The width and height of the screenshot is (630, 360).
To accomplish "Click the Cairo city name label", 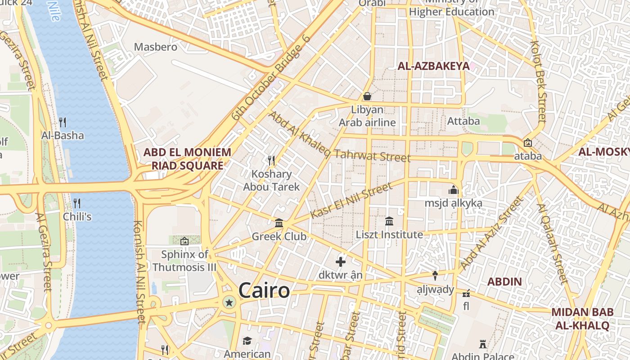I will (264, 290).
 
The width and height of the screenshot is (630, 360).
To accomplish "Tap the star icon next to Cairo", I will (229, 302).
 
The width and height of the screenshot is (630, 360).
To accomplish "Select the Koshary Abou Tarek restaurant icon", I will (271, 160).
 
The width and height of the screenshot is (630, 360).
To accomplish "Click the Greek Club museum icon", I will (279, 223).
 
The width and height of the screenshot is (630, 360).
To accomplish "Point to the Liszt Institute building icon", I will (389, 221).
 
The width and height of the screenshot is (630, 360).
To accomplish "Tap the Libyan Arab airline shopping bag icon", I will (367, 96).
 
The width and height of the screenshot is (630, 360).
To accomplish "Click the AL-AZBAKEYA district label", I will (433, 66).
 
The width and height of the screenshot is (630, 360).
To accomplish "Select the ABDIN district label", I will (505, 282).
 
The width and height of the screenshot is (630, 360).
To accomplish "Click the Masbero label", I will (156, 47).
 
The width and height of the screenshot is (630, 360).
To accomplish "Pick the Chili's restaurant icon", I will (77, 203).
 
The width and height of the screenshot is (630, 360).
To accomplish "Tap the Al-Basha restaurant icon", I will (63, 122).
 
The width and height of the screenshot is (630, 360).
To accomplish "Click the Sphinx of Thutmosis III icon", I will (184, 241).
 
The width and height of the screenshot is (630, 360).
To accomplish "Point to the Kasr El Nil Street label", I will (351, 201).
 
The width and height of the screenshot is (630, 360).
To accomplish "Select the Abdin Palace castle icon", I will (483, 344).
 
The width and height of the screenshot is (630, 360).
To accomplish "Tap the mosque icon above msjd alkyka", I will (453, 190).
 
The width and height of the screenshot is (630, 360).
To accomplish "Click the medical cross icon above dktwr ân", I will (341, 261).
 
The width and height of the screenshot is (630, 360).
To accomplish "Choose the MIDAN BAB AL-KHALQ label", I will (582, 319).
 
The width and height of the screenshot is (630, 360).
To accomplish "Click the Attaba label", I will (463, 121).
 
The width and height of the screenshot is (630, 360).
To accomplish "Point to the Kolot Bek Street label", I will (538, 82).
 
